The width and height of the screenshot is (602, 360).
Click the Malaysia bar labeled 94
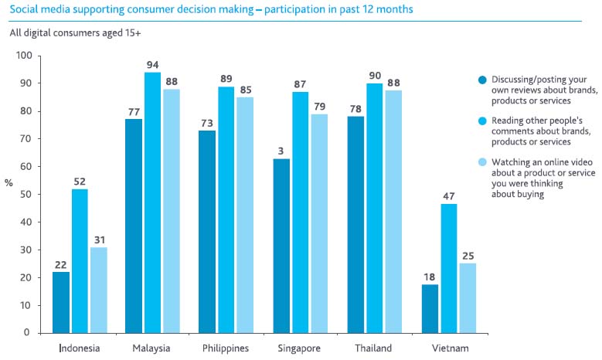point(152,202)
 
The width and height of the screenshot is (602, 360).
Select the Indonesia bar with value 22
point(60,302)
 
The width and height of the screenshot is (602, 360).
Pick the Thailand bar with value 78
point(355,224)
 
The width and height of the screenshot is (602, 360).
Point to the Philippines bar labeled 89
point(226,209)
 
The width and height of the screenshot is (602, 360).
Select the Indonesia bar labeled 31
point(97,290)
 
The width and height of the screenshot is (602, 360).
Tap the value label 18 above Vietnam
point(430,274)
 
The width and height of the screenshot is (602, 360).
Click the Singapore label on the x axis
point(300,348)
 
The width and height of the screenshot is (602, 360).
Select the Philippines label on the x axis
point(226,348)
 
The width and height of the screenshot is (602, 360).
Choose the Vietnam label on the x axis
point(449,348)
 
